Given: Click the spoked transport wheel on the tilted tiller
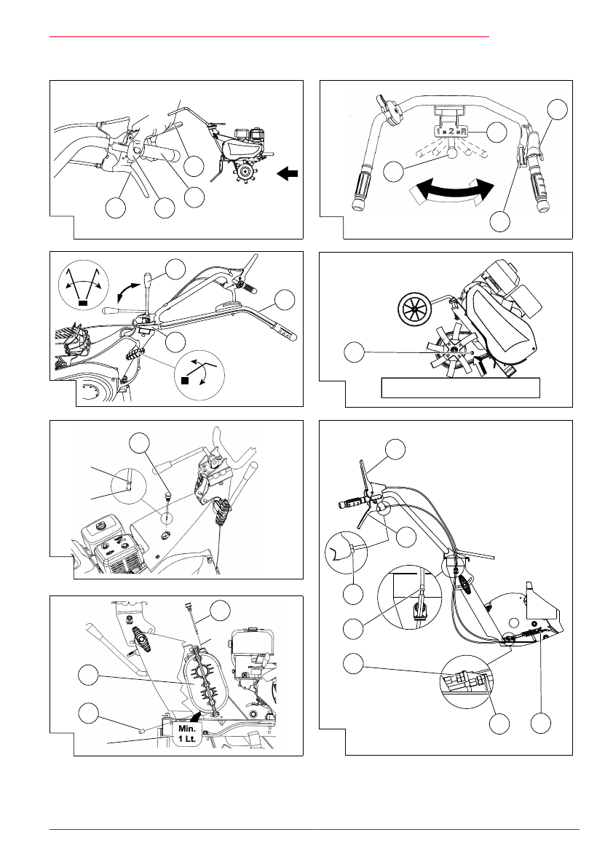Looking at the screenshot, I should pyautogui.click(x=415, y=310).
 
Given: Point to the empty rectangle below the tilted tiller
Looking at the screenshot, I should pyautogui.click(x=461, y=388).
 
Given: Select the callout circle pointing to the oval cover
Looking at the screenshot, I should pyautogui.click(x=90, y=676).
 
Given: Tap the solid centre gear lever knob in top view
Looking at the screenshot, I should pyautogui.click(x=451, y=154).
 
